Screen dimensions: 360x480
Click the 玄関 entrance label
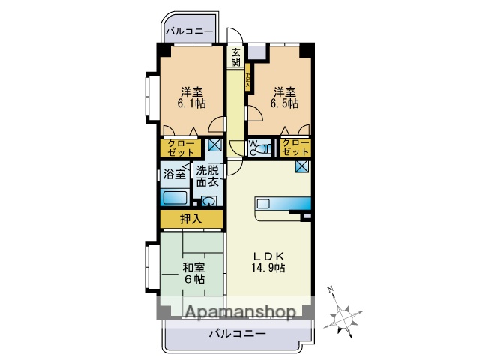(236, 58)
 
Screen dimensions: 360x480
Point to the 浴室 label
(174, 175)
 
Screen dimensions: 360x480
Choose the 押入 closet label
(191, 219)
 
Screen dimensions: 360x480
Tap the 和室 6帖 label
(193, 272)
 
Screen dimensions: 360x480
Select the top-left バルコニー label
(190, 32)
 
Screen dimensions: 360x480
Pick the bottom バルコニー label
(237, 333)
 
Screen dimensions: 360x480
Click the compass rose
(344, 310)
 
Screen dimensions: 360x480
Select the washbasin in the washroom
(208, 201)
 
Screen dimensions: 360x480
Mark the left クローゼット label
(180, 147)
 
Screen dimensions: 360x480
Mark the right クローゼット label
(295, 147)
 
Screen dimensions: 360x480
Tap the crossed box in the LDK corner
(303, 167)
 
